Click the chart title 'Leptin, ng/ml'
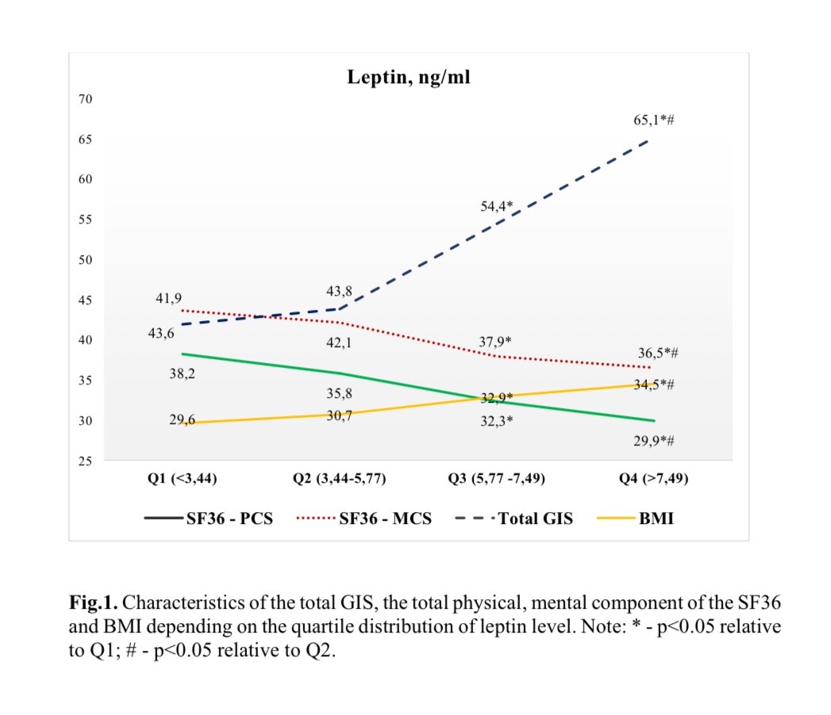pyautogui.click(x=409, y=78)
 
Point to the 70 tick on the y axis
pyautogui.click(x=86, y=99)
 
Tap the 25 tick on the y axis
pyautogui.click(x=86, y=461)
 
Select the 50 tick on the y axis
pyautogui.click(x=86, y=260)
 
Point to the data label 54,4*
pyautogui.click(x=496, y=206)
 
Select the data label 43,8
pyautogui.click(x=339, y=291)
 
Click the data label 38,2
pyautogui.click(x=182, y=373)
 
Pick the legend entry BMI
pyautogui.click(x=656, y=520)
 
